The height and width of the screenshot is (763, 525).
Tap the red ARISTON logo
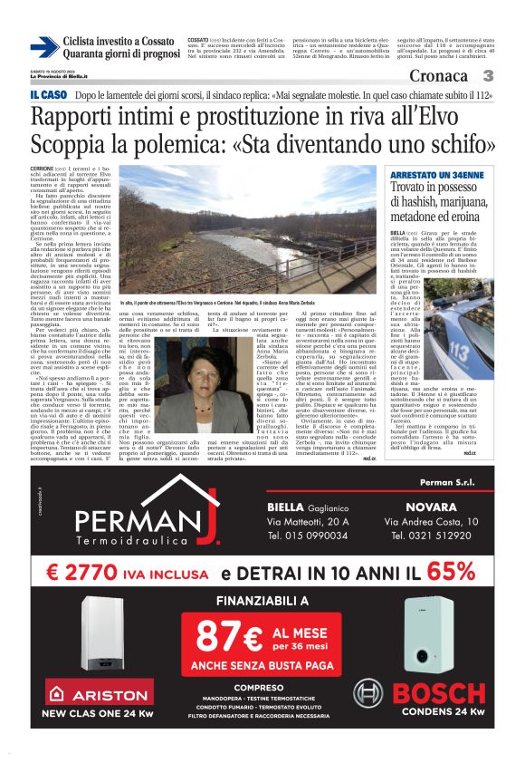click(x=87, y=694)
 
